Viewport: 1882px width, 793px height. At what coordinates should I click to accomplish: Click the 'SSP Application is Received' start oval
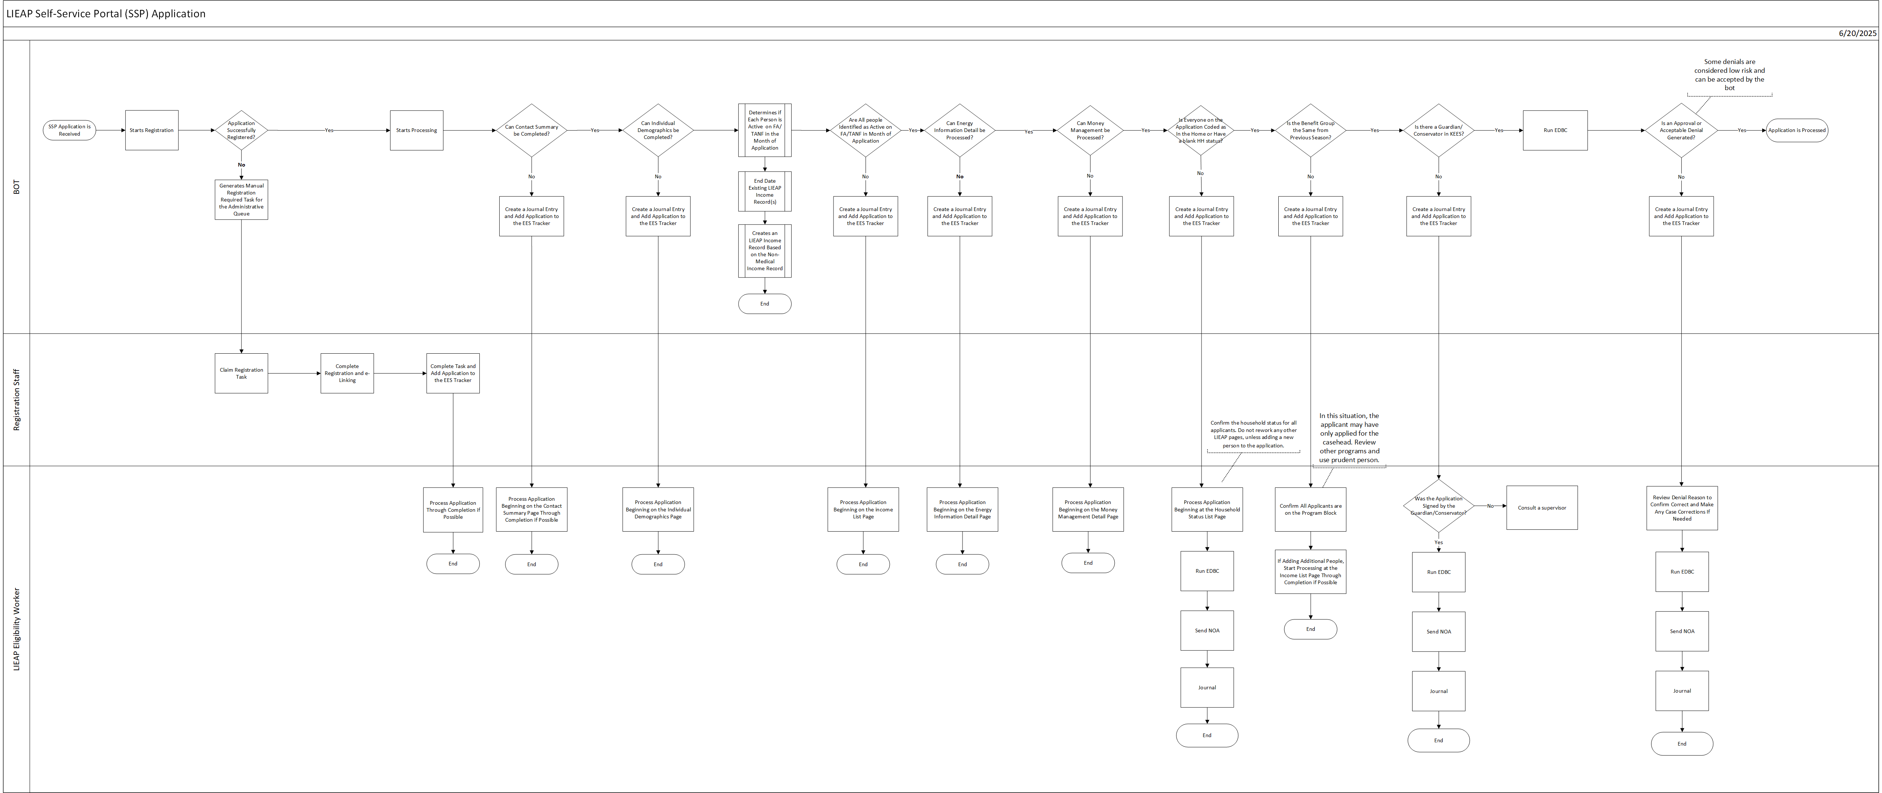[69, 130]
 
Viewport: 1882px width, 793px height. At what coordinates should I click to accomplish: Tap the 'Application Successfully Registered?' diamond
[241, 130]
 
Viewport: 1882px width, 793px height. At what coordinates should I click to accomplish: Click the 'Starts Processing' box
[417, 130]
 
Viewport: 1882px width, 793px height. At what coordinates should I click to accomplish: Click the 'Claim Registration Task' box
[241, 374]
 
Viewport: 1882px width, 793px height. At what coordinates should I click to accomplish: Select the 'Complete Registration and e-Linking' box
[347, 374]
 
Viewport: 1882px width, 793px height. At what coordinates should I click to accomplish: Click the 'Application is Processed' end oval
[1796, 130]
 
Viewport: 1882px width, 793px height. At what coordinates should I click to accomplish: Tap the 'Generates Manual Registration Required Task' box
[241, 200]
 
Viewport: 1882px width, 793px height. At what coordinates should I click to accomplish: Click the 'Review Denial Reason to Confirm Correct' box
[1682, 508]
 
